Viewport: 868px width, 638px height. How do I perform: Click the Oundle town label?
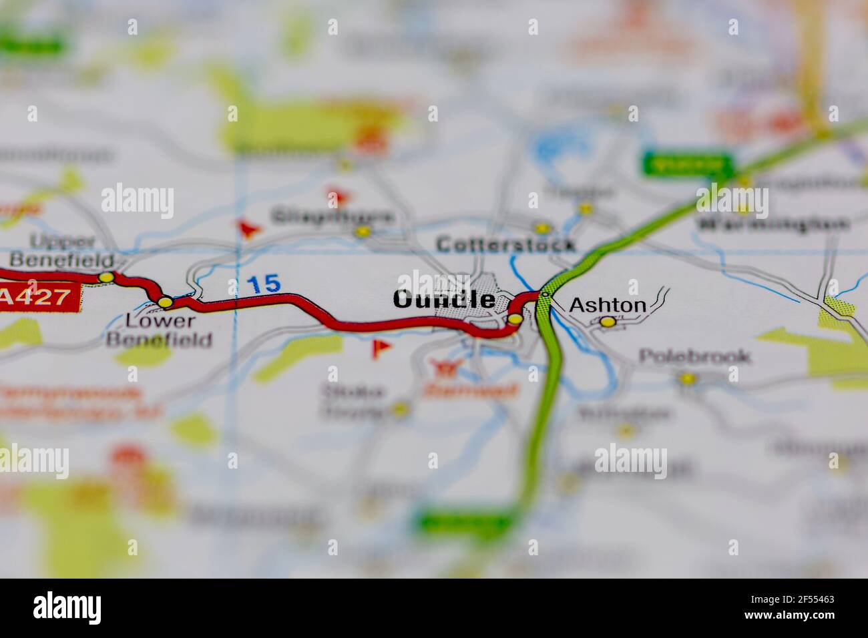444,300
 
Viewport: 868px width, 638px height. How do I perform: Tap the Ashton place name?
608,306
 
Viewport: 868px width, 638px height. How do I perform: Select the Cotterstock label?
505,245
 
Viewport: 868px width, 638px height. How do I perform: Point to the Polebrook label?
694,356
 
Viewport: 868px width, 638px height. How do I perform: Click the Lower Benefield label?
160,330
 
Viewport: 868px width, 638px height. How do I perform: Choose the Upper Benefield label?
61,250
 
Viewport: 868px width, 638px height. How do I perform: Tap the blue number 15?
264,284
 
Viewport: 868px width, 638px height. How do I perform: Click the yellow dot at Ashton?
608,322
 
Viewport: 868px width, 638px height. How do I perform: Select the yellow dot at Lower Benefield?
165,302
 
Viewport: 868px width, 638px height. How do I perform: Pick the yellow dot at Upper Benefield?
105,277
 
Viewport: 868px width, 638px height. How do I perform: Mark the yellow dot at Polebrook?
686,378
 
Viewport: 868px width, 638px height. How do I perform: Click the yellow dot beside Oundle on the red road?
515,320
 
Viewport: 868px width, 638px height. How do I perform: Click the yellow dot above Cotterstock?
542,227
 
